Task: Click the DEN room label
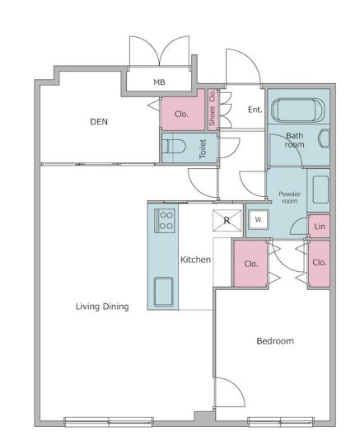[x=99, y=122]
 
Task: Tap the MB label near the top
[x=159, y=82]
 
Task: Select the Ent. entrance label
[x=255, y=110]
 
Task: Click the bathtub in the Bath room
[x=297, y=110]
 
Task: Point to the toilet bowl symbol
[x=174, y=147]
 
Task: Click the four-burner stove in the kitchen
[x=164, y=221]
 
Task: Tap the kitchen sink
[x=163, y=292]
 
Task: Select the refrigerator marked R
[x=227, y=220]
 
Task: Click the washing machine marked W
[x=258, y=219]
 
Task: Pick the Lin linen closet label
[x=320, y=227]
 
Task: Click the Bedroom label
[x=275, y=341]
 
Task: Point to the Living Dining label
[x=102, y=307]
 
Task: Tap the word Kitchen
[x=195, y=260]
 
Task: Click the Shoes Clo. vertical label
[x=213, y=108]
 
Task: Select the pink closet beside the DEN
[x=183, y=110]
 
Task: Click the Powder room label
[x=289, y=197]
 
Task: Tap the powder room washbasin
[x=320, y=190]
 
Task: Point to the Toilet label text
[x=203, y=148]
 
